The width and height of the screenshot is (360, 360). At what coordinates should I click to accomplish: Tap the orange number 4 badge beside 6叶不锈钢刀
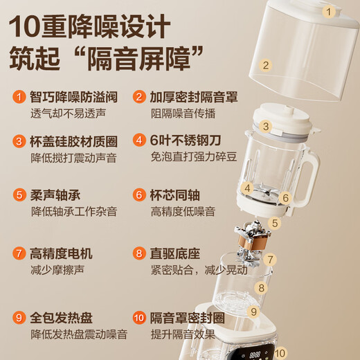(x=140, y=139)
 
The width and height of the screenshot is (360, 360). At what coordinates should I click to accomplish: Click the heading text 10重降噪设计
(x=91, y=28)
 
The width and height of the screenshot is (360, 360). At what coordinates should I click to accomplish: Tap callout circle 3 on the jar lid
(x=266, y=127)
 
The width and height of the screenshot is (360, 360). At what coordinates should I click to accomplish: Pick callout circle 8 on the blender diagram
(x=261, y=287)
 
